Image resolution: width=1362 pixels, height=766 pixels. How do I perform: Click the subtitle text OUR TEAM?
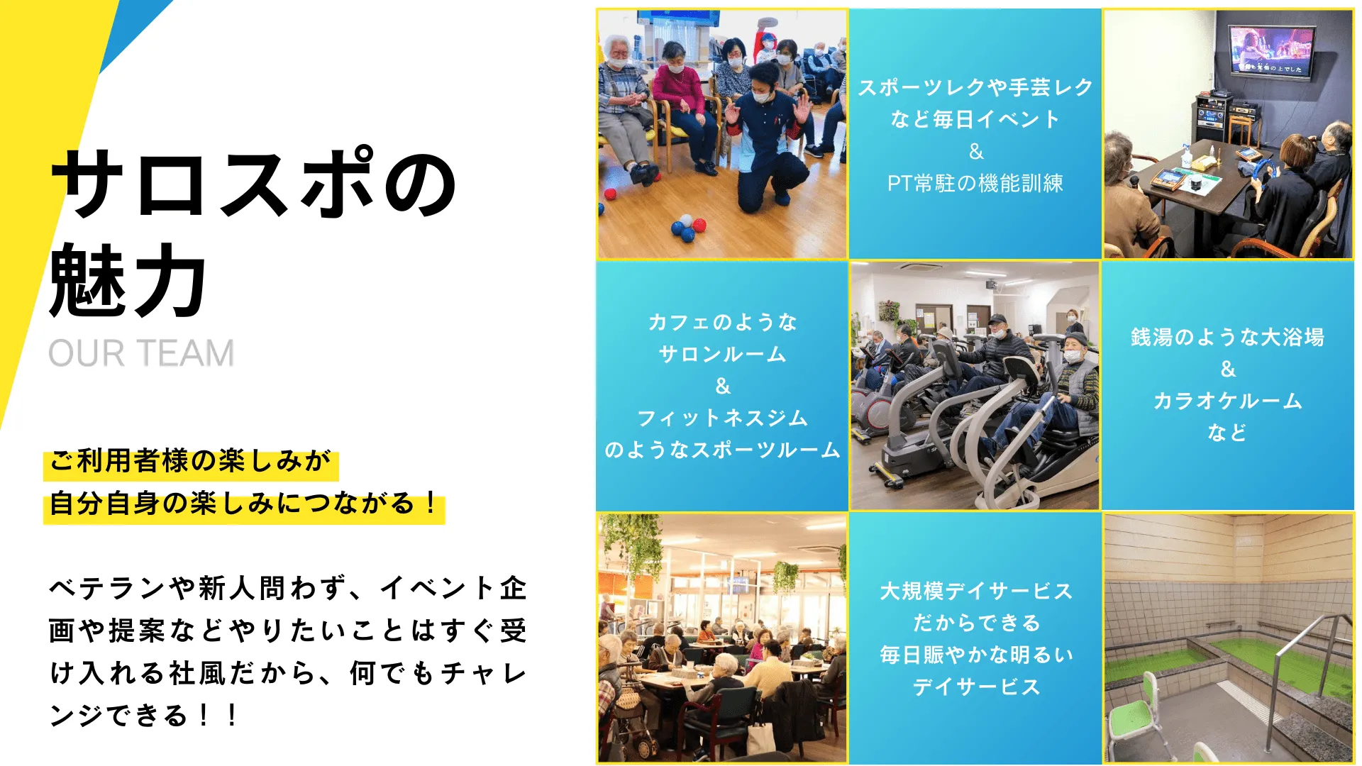(x=141, y=353)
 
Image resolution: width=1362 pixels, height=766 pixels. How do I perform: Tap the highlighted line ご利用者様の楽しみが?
(x=190, y=461)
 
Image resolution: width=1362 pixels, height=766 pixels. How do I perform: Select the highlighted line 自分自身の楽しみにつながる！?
(x=244, y=504)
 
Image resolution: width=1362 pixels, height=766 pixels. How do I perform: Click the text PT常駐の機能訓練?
(x=975, y=184)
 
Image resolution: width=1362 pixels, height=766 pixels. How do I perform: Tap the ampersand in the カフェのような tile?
(x=722, y=387)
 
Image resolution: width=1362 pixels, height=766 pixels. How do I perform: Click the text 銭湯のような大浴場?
(x=1227, y=337)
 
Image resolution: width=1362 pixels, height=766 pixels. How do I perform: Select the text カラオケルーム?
(x=1227, y=401)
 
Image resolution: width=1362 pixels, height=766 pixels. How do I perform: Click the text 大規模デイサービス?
(x=975, y=591)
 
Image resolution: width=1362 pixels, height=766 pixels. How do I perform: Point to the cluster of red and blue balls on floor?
(x=687, y=227)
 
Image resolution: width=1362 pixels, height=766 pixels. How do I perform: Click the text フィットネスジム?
(x=722, y=418)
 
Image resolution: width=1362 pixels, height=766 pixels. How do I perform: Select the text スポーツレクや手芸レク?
(x=975, y=87)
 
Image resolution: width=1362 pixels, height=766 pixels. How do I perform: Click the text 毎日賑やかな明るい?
(x=975, y=655)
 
